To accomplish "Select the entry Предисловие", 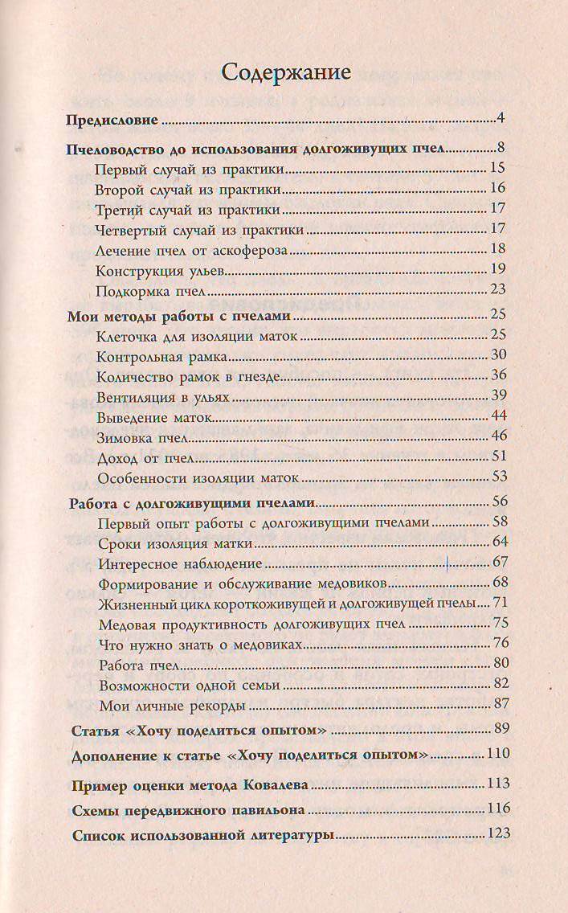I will (x=113, y=122).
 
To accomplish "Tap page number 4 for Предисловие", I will (x=500, y=121).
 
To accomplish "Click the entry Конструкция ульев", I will (x=156, y=269).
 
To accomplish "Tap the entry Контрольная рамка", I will (x=163, y=355).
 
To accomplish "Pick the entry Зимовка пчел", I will (x=141, y=437).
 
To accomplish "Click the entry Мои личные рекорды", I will (x=173, y=706).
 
